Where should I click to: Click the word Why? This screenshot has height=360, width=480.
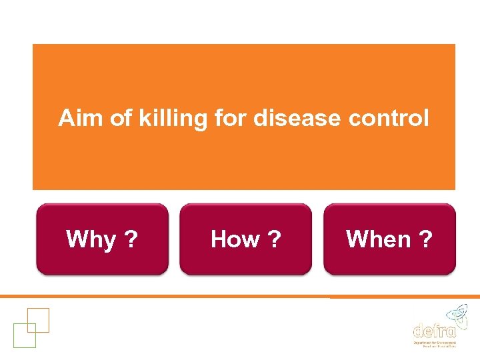click(91, 239)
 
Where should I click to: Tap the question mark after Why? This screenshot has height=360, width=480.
click(132, 239)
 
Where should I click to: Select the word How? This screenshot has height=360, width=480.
click(235, 239)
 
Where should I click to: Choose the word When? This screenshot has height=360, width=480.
click(379, 239)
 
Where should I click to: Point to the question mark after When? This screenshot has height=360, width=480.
click(425, 239)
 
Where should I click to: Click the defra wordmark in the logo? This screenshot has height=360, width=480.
click(434, 329)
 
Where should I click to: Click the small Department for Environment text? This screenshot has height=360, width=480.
click(434, 341)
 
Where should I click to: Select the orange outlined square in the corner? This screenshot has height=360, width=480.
click(38, 321)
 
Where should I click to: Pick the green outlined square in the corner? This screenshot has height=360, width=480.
click(24, 335)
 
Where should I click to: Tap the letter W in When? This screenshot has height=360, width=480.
click(357, 239)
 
